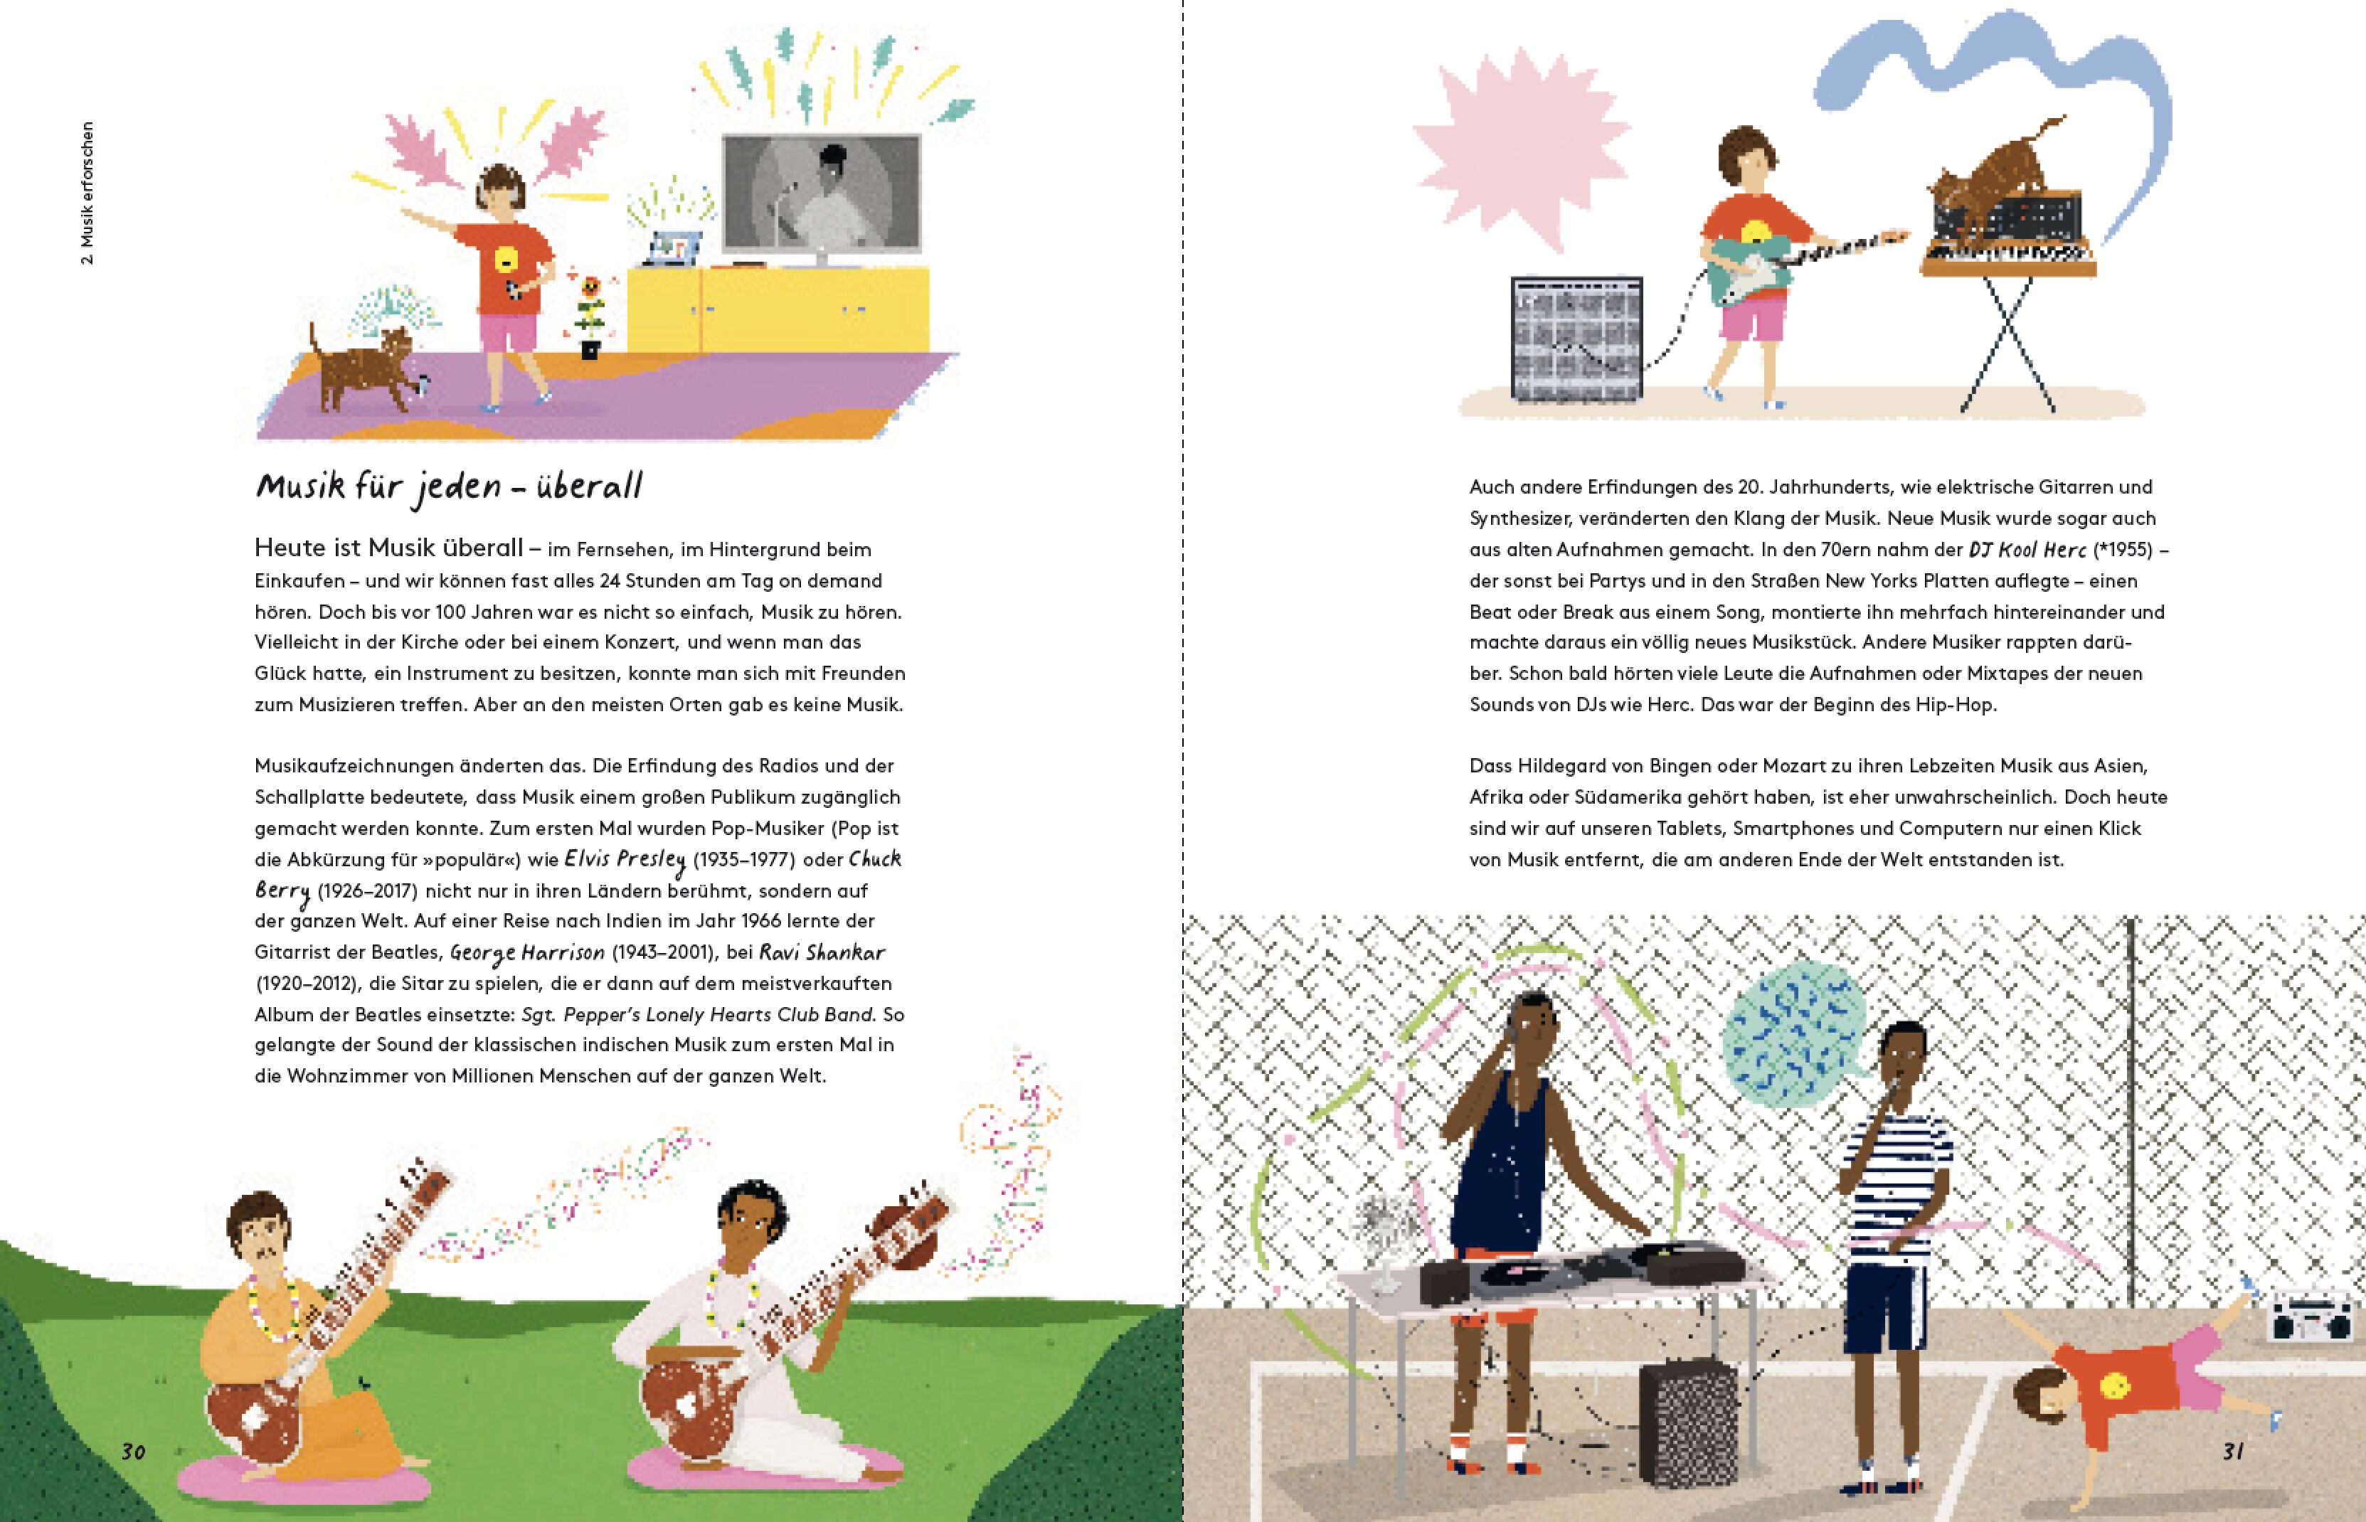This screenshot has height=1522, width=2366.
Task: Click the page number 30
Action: coord(134,1452)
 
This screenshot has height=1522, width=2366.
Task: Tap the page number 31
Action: coord(2232,1451)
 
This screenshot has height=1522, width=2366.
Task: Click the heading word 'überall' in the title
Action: coord(590,485)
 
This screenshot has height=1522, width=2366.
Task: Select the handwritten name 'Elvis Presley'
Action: coord(625,860)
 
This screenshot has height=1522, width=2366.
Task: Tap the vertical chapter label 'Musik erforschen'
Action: coord(88,193)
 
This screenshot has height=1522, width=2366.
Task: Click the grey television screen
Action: coord(822,193)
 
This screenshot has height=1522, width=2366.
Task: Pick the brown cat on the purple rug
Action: coord(364,368)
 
